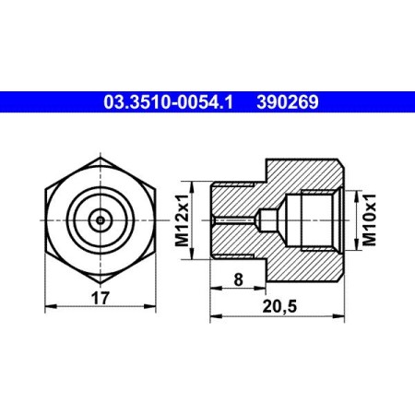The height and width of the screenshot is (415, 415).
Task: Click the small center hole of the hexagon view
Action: click(x=99, y=219)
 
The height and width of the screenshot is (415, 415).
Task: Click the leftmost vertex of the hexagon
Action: click(x=42, y=219)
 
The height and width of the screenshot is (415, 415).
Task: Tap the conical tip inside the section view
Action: click(x=262, y=219)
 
